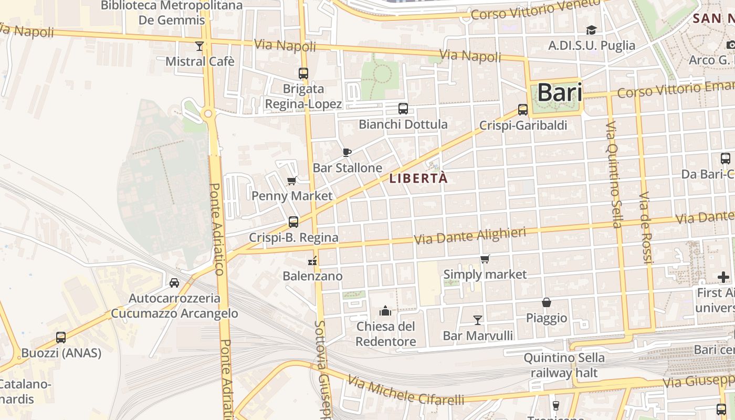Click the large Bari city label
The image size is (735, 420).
tap(560, 93)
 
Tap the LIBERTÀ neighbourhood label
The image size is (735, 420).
tap(418, 178)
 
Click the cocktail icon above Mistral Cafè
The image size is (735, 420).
tap(199, 46)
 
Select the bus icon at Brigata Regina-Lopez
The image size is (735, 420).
tap(303, 73)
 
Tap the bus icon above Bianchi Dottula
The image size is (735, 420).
tap(403, 109)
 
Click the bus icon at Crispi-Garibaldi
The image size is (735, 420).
tap(522, 109)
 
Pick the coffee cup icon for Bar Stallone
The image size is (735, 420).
tap(346, 152)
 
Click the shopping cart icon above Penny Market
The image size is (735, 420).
tap(291, 181)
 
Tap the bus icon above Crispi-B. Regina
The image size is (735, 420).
tap(293, 222)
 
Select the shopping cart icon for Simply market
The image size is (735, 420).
tap(485, 259)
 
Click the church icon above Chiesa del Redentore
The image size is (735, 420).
tap(385, 311)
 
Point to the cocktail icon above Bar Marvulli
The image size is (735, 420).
tap(477, 320)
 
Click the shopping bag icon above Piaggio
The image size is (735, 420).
tap(547, 302)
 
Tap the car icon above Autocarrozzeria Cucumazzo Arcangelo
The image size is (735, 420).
tap(174, 283)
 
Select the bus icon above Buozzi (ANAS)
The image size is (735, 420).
tap(61, 338)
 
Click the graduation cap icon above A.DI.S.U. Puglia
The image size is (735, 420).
tap(591, 30)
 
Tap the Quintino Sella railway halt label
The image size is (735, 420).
tap(564, 365)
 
